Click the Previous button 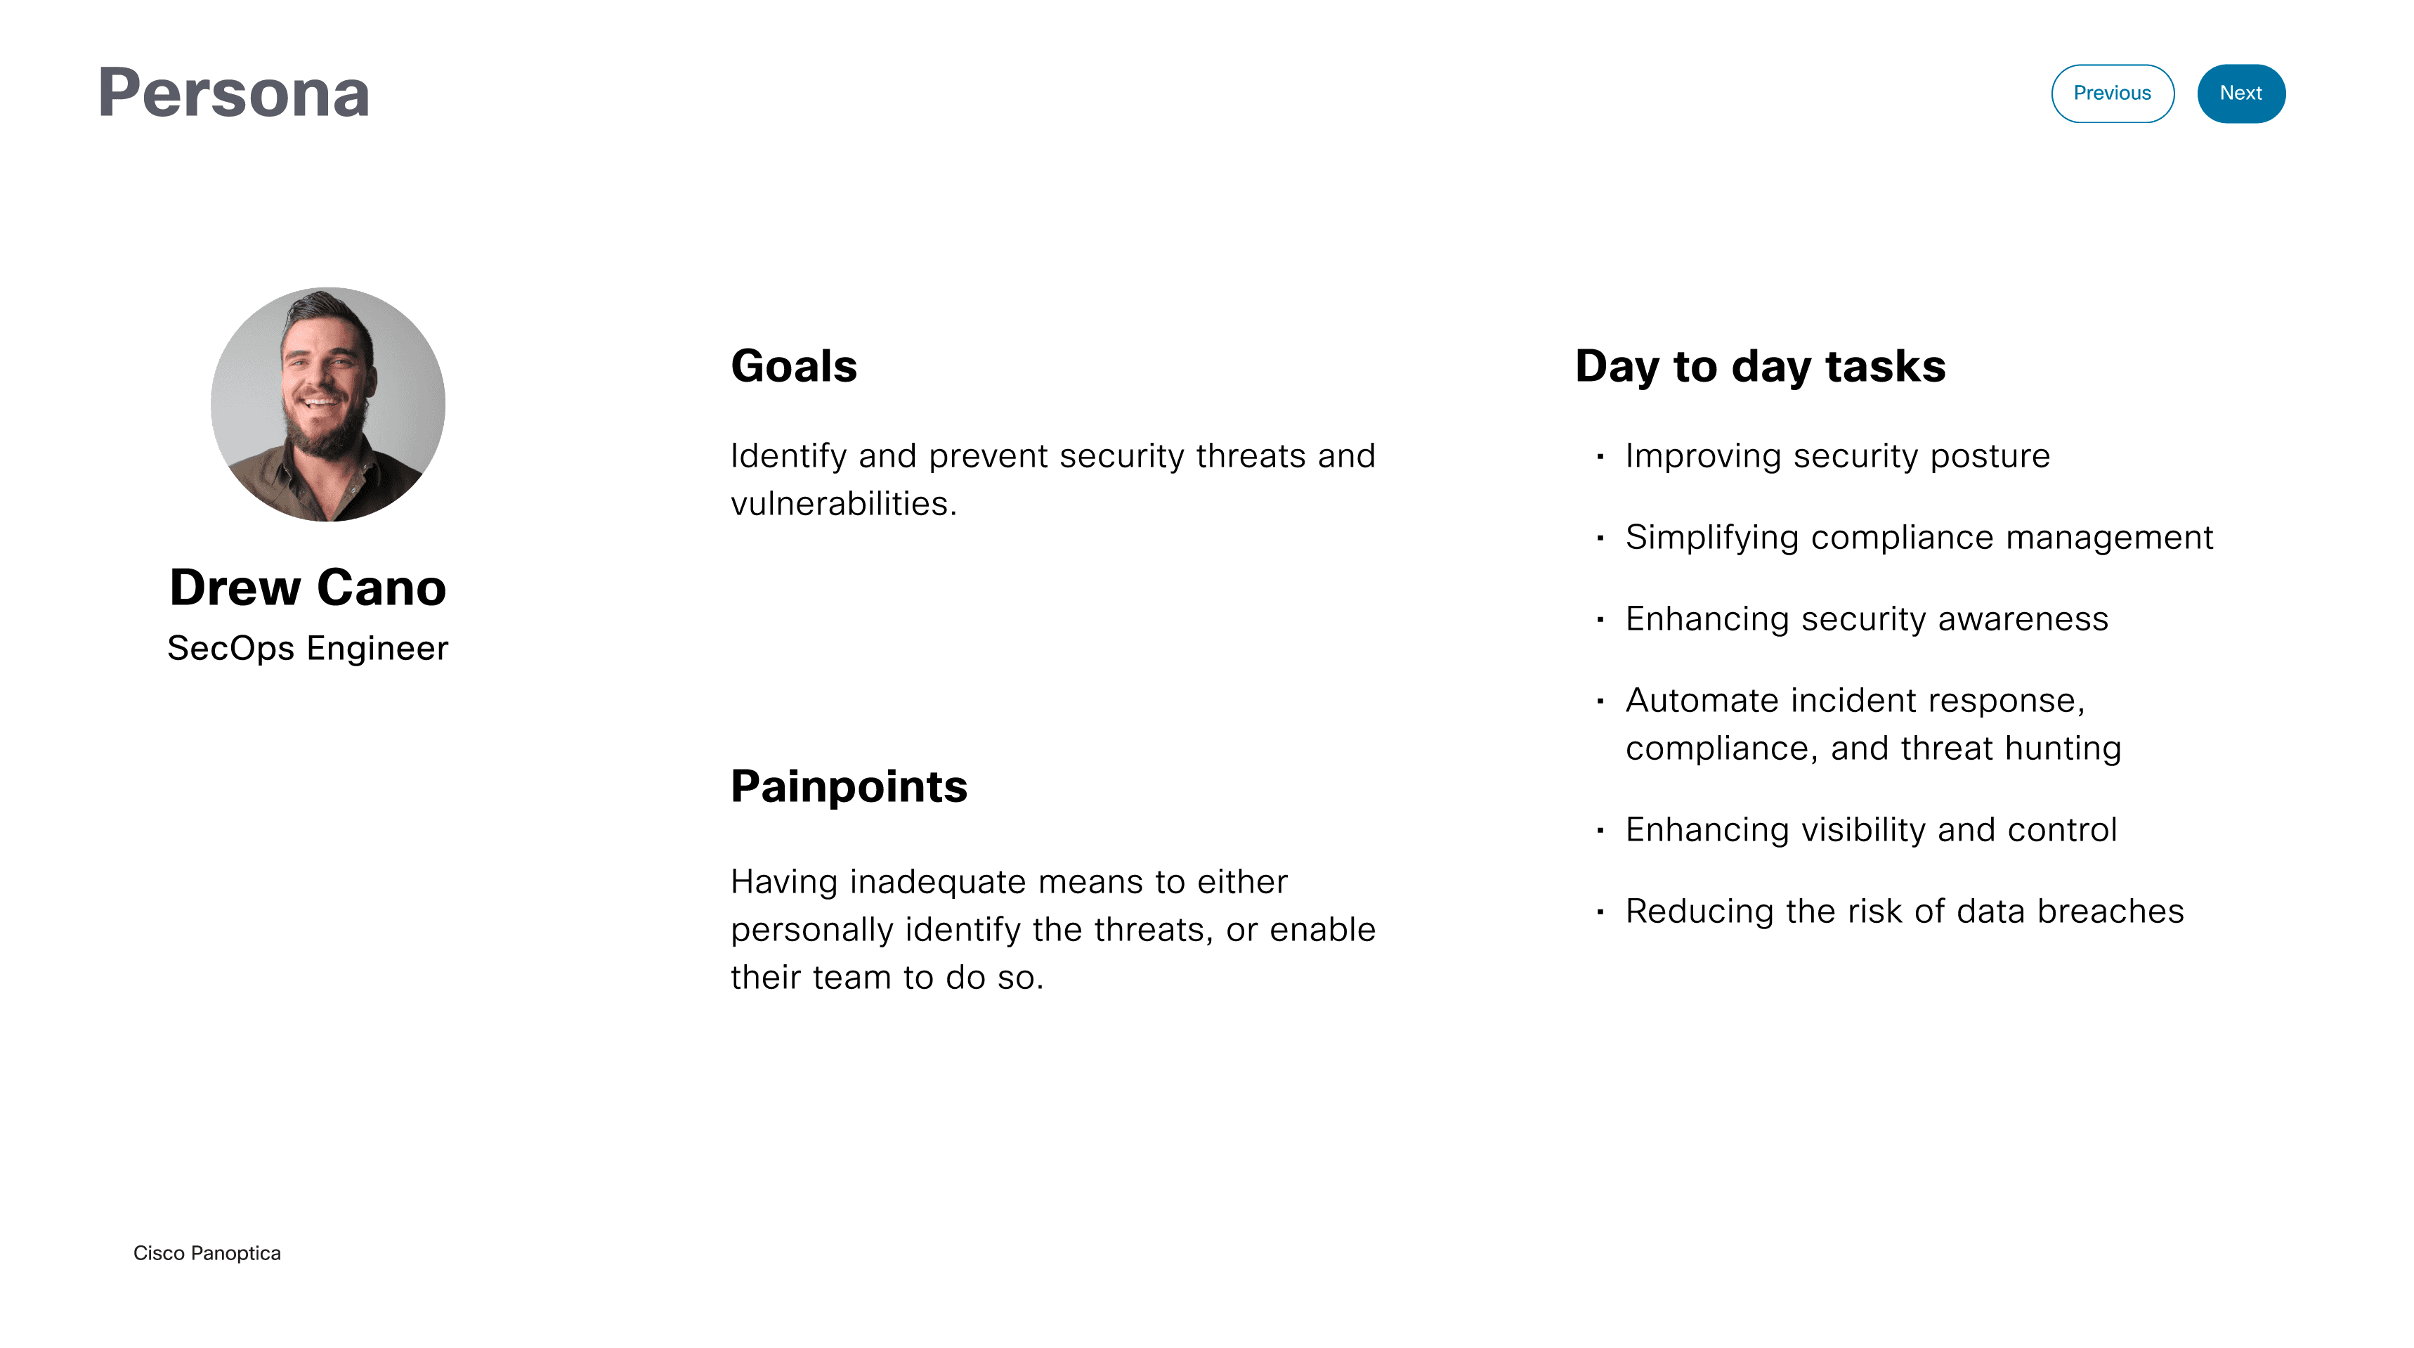2111,93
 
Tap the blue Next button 2240,93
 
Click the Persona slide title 233,93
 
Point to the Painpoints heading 848,786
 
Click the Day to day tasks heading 1759,365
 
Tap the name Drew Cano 308,588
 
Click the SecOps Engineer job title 308,648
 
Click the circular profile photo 327,404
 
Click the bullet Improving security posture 1836,455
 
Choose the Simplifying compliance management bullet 1918,537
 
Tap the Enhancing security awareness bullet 1866,618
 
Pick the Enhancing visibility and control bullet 1870,829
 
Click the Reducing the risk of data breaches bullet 1904,911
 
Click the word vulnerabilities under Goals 842,503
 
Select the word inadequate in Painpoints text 937,882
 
